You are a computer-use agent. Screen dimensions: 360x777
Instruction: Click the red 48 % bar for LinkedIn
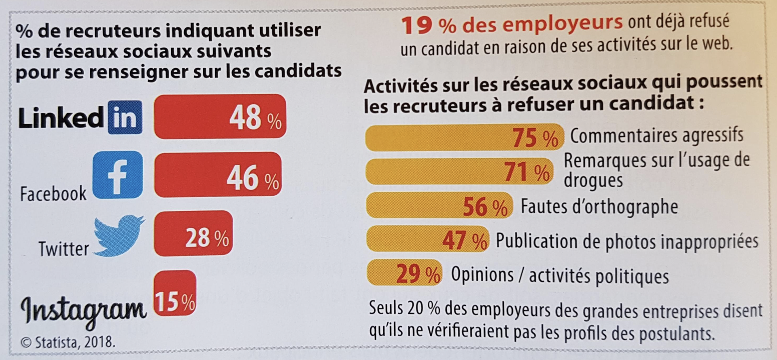click(x=220, y=116)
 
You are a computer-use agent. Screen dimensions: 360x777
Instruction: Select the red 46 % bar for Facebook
click(x=218, y=175)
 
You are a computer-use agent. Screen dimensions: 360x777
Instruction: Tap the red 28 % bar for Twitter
click(x=193, y=233)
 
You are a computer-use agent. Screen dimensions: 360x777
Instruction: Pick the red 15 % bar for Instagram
click(x=175, y=293)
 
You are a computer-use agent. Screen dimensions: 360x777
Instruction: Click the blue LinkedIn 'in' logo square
click(x=125, y=117)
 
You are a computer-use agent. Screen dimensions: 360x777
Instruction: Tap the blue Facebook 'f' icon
click(x=118, y=175)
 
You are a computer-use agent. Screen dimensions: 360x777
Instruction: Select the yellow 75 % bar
click(x=464, y=138)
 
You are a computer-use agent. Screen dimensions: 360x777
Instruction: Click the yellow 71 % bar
click(x=459, y=172)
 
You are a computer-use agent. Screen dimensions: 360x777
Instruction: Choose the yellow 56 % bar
click(x=439, y=206)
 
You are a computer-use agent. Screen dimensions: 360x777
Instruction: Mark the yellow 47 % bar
click(x=427, y=239)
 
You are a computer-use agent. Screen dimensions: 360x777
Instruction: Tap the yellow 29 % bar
click(x=404, y=273)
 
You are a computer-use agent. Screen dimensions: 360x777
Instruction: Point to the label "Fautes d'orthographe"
click(x=599, y=206)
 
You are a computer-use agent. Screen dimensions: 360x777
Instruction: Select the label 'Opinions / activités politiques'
click(x=560, y=276)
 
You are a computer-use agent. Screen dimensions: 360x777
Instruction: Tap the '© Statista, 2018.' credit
click(x=68, y=342)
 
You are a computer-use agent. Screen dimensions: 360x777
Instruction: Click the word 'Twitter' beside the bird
click(x=64, y=248)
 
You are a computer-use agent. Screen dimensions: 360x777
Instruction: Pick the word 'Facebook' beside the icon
click(x=53, y=194)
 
